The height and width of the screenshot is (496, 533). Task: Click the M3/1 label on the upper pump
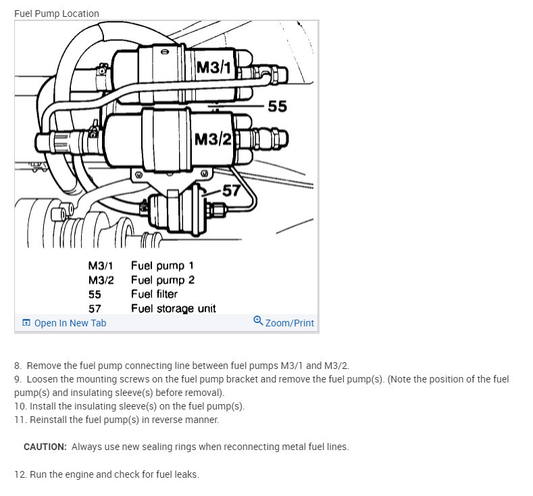click(x=213, y=68)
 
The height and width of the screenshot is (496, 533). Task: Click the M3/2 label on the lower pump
click(x=213, y=139)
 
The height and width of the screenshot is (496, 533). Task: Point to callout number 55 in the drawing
click(x=277, y=106)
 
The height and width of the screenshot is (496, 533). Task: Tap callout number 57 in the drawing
click(x=231, y=191)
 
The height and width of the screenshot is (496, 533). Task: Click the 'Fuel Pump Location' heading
click(x=57, y=14)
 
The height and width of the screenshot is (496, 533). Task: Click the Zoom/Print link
click(x=289, y=323)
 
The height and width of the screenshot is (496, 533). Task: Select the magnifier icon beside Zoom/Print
click(x=258, y=321)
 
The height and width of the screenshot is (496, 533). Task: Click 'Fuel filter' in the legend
click(x=154, y=294)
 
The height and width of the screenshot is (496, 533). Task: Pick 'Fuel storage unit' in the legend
click(x=174, y=308)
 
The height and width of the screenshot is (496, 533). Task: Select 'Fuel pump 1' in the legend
click(x=162, y=266)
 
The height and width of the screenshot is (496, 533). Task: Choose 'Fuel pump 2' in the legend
click(x=163, y=280)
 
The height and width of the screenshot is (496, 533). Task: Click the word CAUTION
click(x=45, y=447)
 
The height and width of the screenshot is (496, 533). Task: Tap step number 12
click(x=20, y=474)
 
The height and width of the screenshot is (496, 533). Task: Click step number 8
click(x=18, y=365)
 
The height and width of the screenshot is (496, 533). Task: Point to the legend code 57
click(x=95, y=308)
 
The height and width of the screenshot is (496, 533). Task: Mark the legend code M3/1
click(x=100, y=266)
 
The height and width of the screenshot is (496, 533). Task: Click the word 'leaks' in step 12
click(x=186, y=474)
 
